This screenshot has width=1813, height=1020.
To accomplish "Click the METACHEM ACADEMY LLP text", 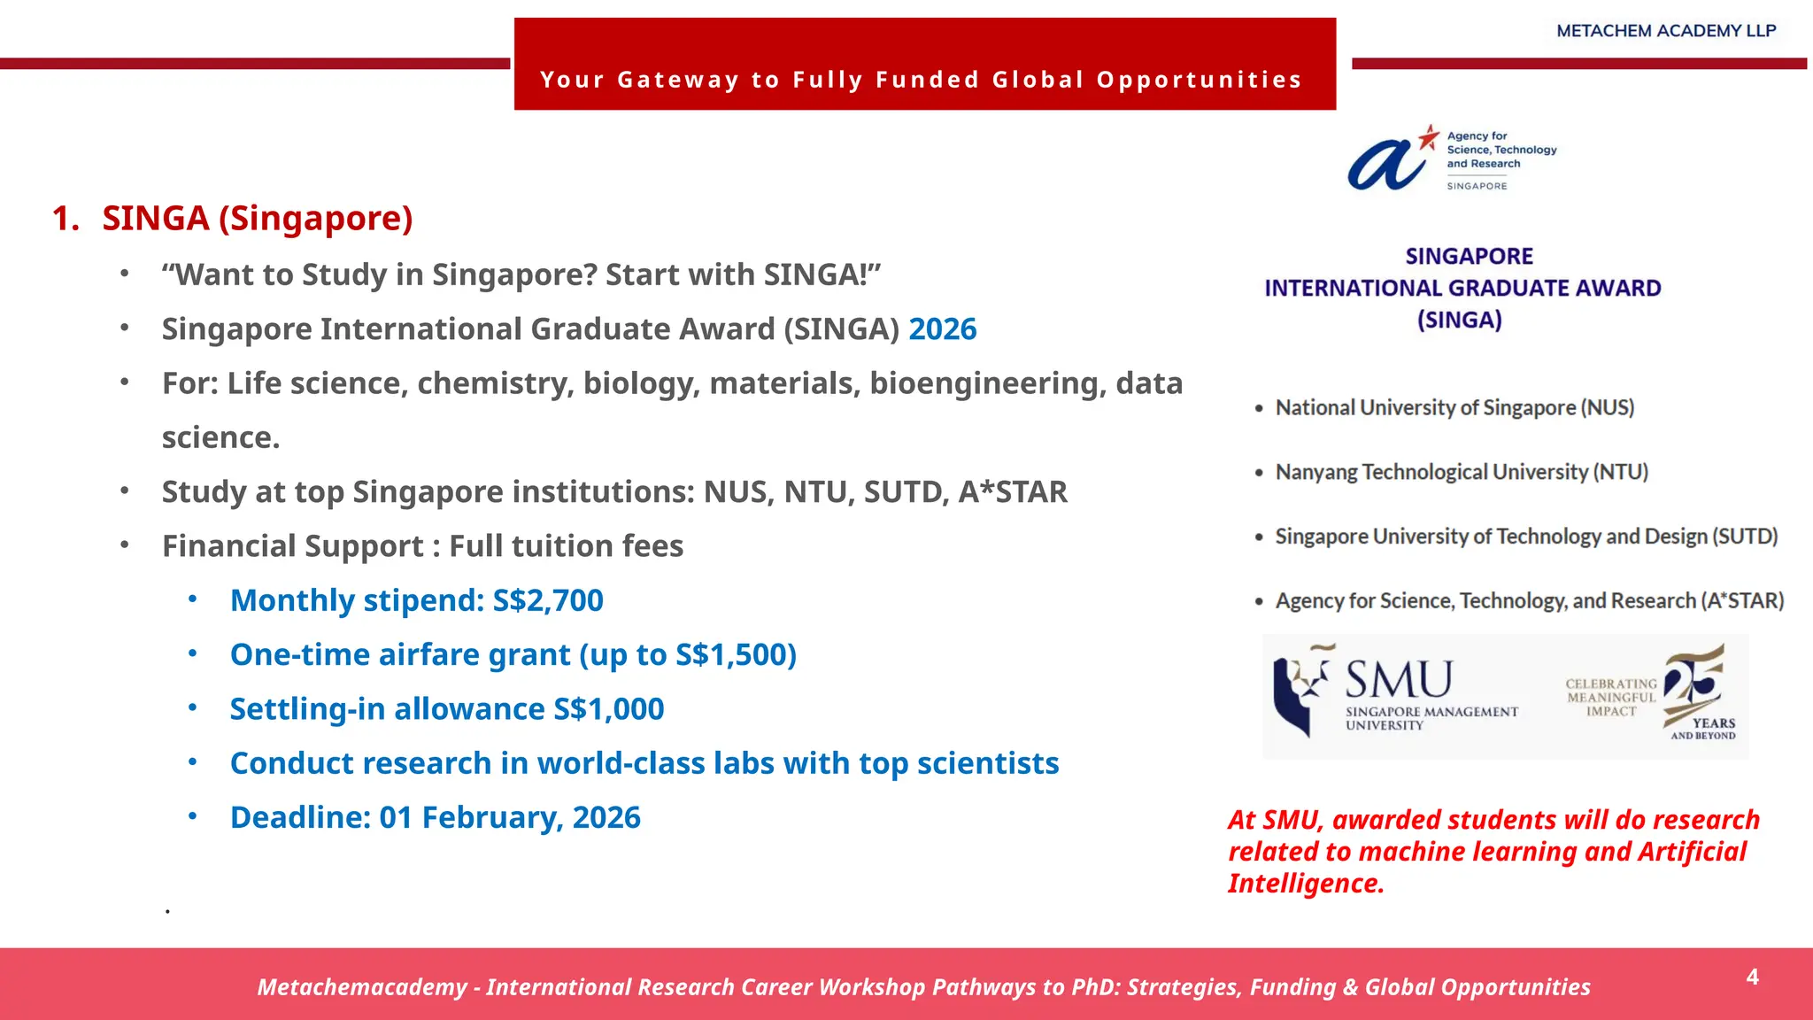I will point(1666,31).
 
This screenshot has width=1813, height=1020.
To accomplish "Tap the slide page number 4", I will point(1752,977).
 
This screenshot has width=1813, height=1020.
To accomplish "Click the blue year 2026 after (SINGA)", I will point(942,329).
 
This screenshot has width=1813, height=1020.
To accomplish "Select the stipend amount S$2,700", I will point(547,600).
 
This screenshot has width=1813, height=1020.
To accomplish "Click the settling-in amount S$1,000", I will point(608,709).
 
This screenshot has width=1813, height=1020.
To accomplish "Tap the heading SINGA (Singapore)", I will point(257,218).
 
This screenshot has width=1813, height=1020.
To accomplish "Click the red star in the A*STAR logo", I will point(1429,136).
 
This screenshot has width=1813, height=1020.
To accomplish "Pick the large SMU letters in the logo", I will point(1399,680).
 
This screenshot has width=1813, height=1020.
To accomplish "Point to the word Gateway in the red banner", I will point(677,80).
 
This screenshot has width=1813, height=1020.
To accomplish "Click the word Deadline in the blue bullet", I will point(299,817).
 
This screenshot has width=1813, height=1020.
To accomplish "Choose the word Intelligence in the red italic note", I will point(1305,884).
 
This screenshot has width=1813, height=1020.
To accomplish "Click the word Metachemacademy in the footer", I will point(361,987).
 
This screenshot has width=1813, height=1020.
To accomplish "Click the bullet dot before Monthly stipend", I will point(193,600).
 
